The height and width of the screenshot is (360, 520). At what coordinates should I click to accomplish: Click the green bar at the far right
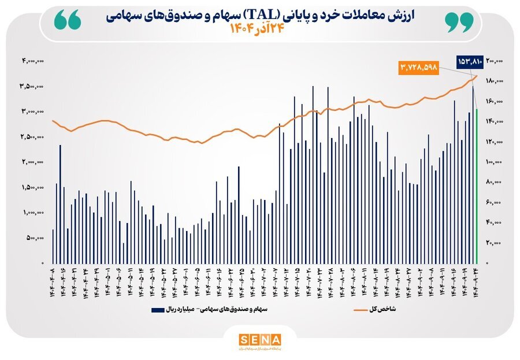(x=477, y=185)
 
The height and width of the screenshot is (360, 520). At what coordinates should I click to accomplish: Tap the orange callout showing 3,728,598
(x=419, y=67)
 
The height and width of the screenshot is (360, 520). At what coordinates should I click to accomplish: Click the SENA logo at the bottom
(x=260, y=340)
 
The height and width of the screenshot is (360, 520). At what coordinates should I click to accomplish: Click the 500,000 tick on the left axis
(x=36, y=238)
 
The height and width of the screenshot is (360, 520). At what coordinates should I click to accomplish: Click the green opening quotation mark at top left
(x=68, y=21)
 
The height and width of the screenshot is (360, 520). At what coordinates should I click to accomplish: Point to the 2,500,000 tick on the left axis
(x=33, y=137)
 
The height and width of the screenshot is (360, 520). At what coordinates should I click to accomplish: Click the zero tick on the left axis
(x=43, y=263)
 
